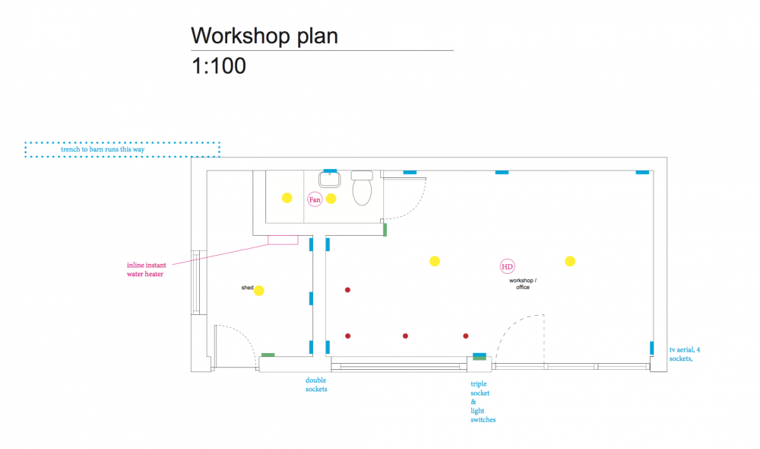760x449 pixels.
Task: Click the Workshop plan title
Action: click(264, 37)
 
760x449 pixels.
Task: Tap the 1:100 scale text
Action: click(219, 66)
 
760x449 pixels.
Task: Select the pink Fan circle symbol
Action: click(315, 199)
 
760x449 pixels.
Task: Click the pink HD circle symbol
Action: click(507, 266)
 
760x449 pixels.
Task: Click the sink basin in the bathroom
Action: click(330, 179)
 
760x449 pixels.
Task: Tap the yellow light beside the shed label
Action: click(259, 291)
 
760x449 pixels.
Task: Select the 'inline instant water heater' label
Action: click(146, 269)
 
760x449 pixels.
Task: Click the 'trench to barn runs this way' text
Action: click(103, 149)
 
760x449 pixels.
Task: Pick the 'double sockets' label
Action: click(316, 384)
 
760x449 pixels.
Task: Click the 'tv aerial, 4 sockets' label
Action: click(685, 354)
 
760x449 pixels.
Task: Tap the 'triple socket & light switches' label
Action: click(483, 401)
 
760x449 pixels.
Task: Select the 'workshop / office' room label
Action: click(523, 284)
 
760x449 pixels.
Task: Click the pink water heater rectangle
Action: click(283, 240)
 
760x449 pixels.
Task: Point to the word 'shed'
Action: click(247, 288)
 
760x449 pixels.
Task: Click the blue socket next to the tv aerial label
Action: click(652, 348)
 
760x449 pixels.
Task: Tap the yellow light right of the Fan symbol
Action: click(331, 199)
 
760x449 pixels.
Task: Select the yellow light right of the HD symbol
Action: click(570, 262)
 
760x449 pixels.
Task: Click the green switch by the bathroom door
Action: click(385, 230)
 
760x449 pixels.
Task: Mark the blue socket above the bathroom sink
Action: click(330, 171)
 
